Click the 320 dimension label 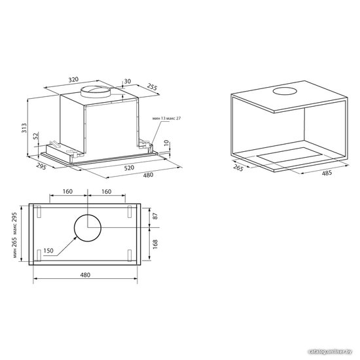73,79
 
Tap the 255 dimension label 152,88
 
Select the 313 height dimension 24,128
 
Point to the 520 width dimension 129,168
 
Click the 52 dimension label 35,136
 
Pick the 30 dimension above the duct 128,81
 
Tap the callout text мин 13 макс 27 166,118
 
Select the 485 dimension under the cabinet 327,173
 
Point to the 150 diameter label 48,251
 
